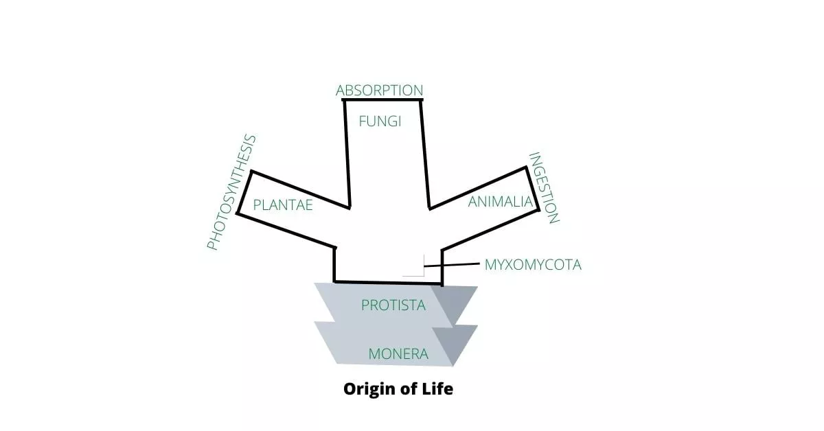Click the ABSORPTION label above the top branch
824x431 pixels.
tap(379, 91)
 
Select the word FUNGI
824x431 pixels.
tap(380, 121)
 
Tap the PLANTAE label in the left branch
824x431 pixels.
tap(283, 205)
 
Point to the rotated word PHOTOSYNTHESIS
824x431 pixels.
tap(232, 193)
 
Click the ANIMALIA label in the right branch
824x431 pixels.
tap(501, 202)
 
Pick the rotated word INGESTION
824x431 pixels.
tap(544, 188)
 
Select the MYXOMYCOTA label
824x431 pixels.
tap(533, 264)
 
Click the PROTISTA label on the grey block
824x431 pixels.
tap(393, 305)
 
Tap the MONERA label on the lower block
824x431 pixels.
tap(398, 354)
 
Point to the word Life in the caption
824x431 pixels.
tap(438, 389)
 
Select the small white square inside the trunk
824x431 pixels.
tap(414, 266)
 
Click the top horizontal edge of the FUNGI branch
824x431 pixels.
tap(382, 100)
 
